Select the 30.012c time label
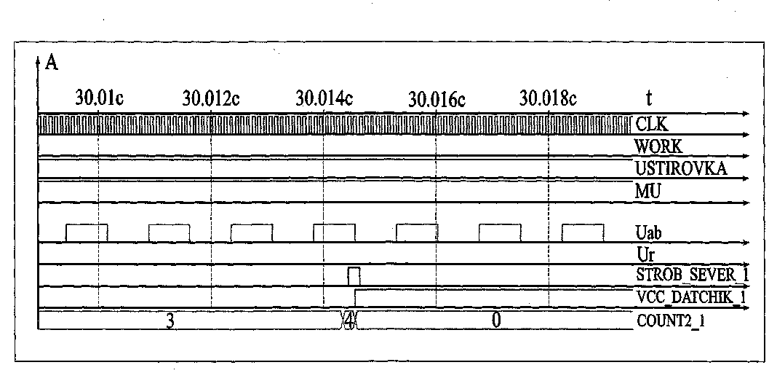pos(211,98)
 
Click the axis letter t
pos(648,98)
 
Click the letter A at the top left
pos(52,63)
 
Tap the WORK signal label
pos(658,146)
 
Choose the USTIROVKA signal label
pos(681,169)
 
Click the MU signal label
pos(647,192)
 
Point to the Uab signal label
pos(648,234)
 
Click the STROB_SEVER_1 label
pos(691,275)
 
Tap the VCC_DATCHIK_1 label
pos(690,297)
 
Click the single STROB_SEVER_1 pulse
pos(354,276)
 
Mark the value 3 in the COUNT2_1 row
pos(170,321)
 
